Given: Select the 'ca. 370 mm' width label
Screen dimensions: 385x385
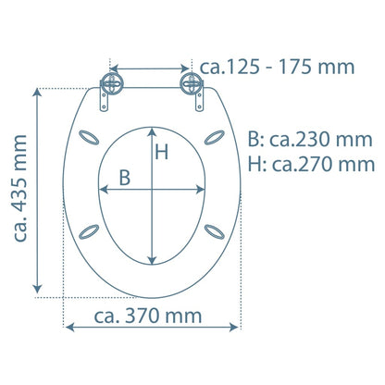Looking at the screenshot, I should click(x=148, y=316).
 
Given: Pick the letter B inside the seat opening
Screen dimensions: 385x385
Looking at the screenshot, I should click(x=124, y=180).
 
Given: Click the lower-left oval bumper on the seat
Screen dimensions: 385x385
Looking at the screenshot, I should click(x=90, y=231).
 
